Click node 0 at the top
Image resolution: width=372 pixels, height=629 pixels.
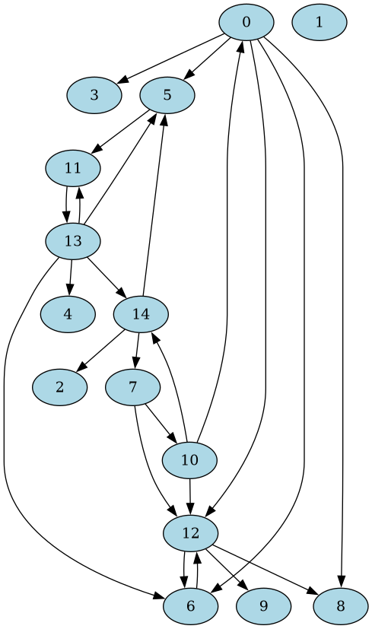pos(246,22)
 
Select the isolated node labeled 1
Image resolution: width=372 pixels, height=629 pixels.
pos(319,22)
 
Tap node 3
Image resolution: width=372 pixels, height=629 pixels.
pos(94,95)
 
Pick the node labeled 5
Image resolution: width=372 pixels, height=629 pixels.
pos(167,95)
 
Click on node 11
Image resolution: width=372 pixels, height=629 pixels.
pos(73,168)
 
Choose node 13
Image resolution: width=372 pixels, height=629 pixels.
pos(73,242)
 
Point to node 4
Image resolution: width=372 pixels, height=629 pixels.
pos(68,315)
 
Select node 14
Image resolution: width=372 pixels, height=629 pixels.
pos(141,313)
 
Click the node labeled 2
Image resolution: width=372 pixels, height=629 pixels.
pos(59,388)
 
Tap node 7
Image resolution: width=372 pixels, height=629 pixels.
pos(133,387)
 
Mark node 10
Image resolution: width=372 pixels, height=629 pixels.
pos(190,460)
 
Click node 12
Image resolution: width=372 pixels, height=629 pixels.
pos(191,533)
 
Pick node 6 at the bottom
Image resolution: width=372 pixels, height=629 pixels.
pos(190,606)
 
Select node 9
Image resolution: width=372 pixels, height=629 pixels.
pos(263,606)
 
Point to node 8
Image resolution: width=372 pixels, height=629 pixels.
pos(340,606)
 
